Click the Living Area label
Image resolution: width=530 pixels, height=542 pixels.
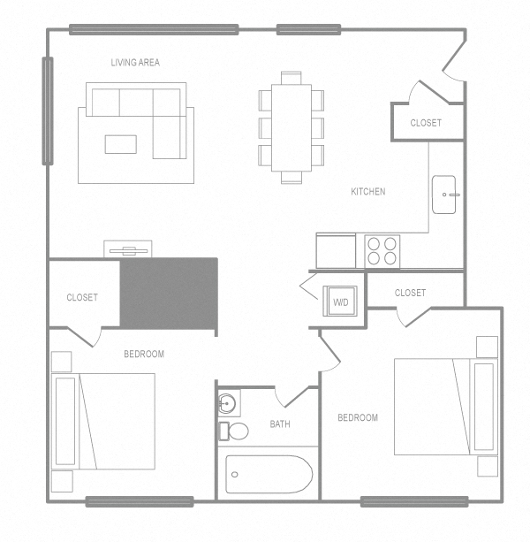coord(135,63)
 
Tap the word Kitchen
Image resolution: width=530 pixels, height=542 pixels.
coord(367,192)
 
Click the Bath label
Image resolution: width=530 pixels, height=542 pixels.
coord(280,424)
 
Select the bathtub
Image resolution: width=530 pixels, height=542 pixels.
coord(269,475)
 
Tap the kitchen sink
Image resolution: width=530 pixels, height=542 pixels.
coord(444,195)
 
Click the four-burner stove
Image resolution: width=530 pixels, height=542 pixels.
coord(382,251)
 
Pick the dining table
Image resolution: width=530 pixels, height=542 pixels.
coord(291,126)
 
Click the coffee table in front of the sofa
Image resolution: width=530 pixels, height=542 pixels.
coord(121,143)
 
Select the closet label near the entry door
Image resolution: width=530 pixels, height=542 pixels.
coord(426,123)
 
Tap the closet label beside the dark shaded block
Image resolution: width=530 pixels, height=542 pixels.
coord(82,298)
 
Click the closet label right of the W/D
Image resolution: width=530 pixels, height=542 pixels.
coord(410,293)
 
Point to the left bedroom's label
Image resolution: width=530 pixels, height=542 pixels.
coord(143,355)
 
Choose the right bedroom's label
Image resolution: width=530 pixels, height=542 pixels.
coord(358,418)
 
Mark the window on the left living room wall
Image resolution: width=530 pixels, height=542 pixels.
coord(47,111)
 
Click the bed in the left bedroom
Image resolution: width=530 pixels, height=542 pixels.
coord(104,421)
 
